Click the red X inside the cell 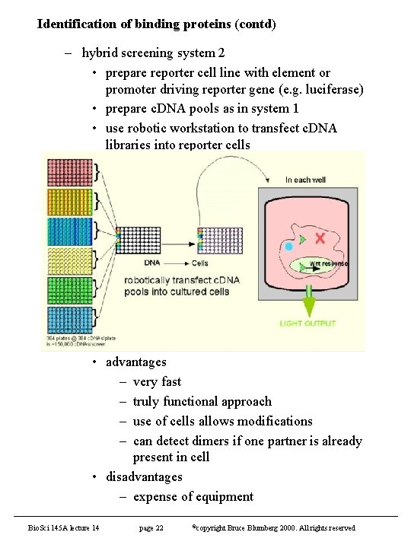point(320,238)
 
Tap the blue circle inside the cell point(289,247)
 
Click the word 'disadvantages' point(144,476)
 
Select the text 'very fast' point(157,381)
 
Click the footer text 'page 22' point(151,527)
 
